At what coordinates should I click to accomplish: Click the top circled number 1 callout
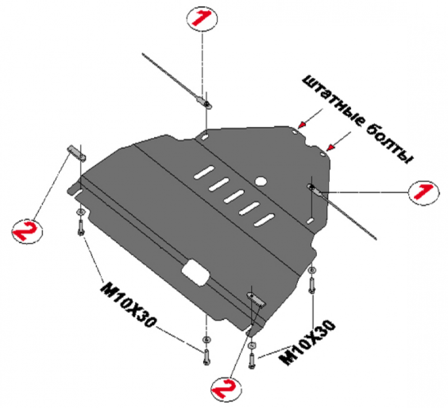coord(202,18)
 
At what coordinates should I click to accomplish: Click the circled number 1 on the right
coord(424,192)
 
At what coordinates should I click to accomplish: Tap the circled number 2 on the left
coord(27,231)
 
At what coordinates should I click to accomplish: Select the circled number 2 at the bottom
coord(226,388)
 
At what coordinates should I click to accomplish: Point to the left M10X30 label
coord(129,304)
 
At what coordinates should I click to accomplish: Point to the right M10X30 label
coord(307,343)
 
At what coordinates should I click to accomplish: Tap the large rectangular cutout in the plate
coord(195,273)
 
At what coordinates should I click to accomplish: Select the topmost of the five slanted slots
coord(204,173)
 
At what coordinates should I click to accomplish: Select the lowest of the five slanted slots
coord(264,220)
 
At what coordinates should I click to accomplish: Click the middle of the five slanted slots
coord(234,196)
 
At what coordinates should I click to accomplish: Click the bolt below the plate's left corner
coord(81,228)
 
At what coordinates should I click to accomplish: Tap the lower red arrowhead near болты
coord(330,148)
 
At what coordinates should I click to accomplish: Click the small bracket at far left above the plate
coord(76,153)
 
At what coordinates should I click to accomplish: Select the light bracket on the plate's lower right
coord(256,300)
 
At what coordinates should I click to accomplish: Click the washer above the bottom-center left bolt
coord(206,340)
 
